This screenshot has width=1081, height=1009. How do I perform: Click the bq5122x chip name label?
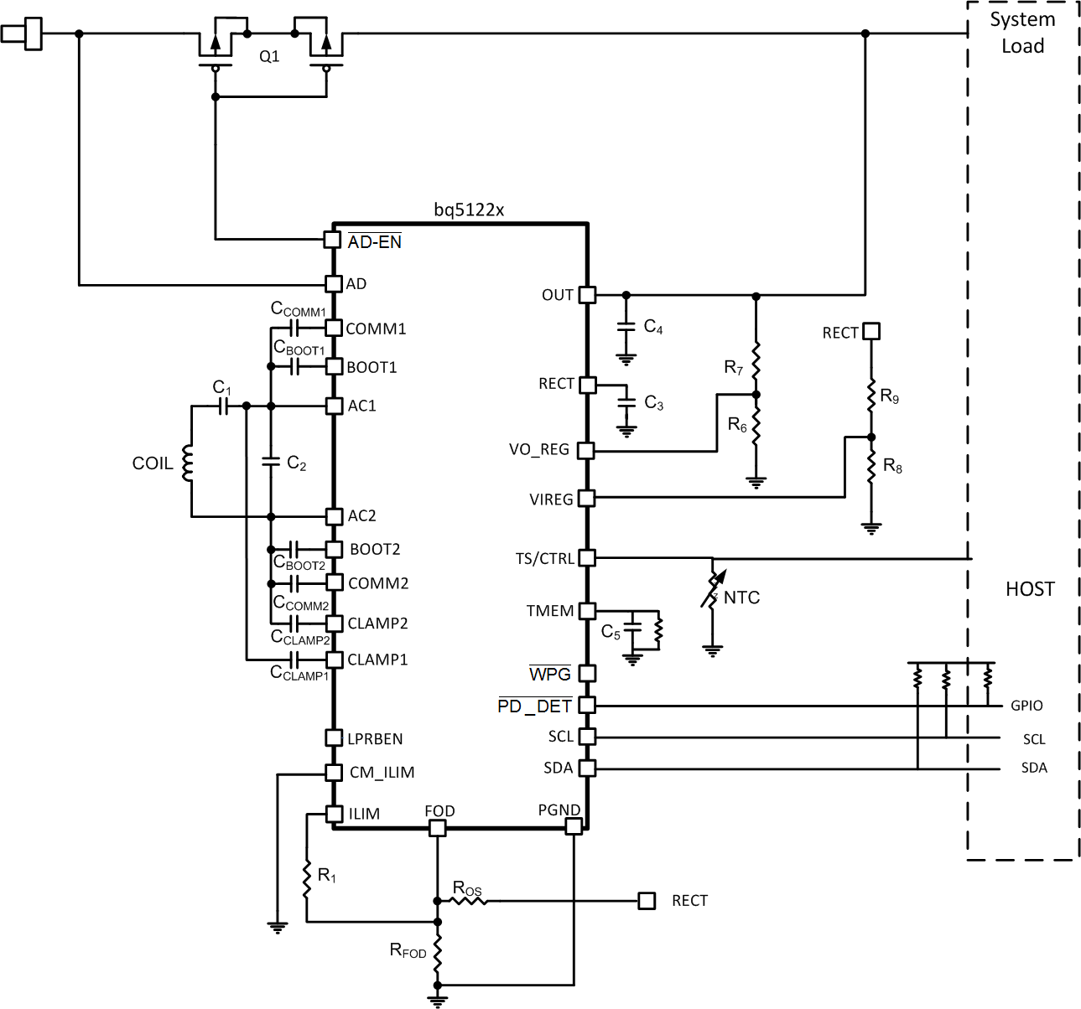click(x=469, y=210)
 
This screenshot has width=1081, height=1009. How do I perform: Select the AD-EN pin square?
click(x=332, y=241)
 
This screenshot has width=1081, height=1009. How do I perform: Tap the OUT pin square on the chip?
click(x=587, y=295)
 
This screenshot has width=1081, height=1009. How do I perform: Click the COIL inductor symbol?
click(x=189, y=463)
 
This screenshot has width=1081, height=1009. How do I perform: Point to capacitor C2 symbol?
click(x=270, y=460)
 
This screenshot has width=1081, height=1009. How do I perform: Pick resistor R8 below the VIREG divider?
click(x=871, y=468)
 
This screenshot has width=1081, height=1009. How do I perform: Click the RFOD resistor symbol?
click(x=437, y=954)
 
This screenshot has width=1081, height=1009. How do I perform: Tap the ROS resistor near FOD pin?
click(x=466, y=901)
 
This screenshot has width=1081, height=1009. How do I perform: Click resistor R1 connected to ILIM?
click(x=307, y=877)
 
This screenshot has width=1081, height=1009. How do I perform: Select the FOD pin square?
click(x=437, y=828)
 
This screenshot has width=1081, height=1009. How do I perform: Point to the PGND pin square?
click(x=574, y=827)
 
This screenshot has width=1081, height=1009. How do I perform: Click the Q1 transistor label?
click(x=269, y=57)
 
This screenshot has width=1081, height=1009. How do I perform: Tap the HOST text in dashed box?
click(x=1030, y=589)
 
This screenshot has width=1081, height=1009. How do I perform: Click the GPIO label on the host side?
click(x=1026, y=706)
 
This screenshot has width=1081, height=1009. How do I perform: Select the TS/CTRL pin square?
click(x=587, y=558)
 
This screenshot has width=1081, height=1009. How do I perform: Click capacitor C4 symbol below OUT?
click(x=626, y=329)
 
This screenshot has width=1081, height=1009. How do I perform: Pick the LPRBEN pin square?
click(x=333, y=737)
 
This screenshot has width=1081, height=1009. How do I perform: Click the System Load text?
click(x=1022, y=32)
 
